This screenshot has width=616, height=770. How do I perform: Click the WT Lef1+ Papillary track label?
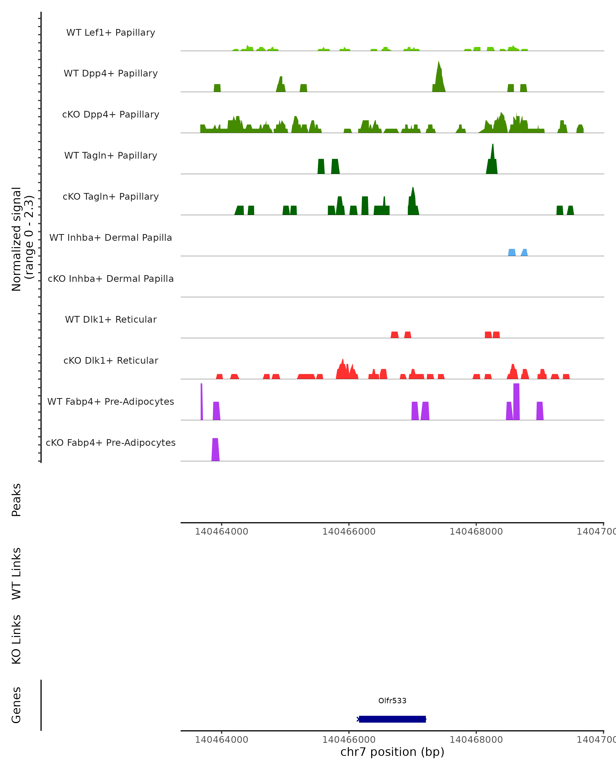tap(111, 33)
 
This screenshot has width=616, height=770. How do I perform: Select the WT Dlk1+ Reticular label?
tap(111, 319)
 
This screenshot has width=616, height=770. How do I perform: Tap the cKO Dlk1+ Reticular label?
tap(111, 360)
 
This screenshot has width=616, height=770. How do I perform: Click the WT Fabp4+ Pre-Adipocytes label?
tap(111, 401)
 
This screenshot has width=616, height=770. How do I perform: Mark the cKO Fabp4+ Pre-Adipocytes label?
tap(111, 442)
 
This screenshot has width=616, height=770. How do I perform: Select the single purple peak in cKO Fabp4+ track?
tap(215, 450)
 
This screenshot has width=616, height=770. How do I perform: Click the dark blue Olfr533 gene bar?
tap(392, 719)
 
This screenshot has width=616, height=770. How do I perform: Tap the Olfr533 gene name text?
tap(392, 701)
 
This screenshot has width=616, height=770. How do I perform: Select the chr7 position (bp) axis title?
tap(392, 752)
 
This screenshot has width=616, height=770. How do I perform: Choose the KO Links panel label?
tap(16, 639)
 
